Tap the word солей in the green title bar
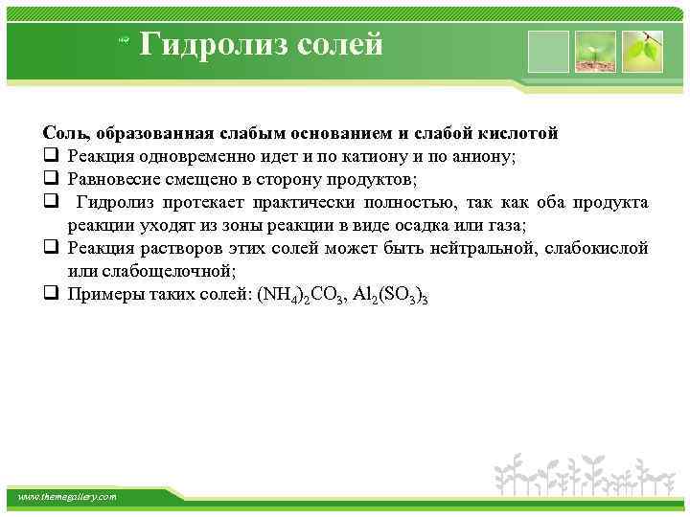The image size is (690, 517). point(334,44)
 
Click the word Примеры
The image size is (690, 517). point(101,294)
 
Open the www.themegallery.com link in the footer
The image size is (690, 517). point(68,497)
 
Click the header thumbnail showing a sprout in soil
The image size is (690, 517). point(597,52)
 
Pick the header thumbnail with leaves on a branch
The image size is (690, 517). point(642,52)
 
